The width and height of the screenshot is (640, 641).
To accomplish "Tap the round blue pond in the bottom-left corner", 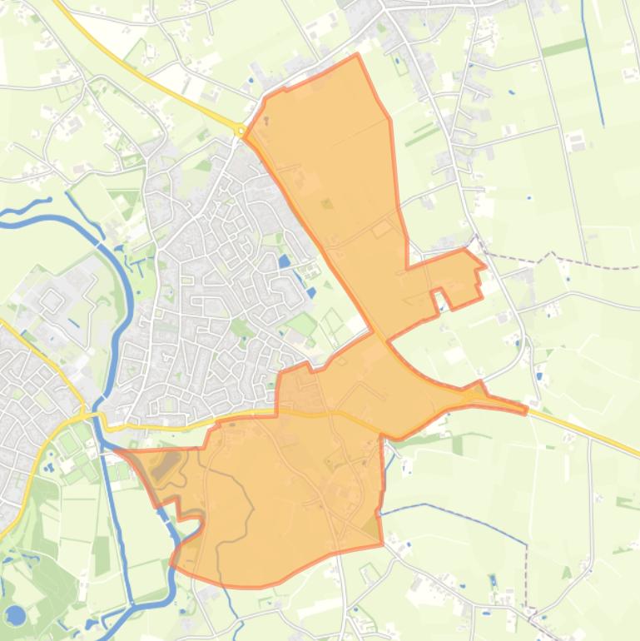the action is click(15, 615).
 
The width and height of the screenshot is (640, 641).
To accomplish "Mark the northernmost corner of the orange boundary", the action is click(357, 55).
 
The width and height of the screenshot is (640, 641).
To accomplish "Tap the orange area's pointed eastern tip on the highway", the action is click(526, 409).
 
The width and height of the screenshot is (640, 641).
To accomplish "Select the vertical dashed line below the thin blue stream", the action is click(527, 574).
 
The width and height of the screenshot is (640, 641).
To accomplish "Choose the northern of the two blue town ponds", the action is click(285, 261).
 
